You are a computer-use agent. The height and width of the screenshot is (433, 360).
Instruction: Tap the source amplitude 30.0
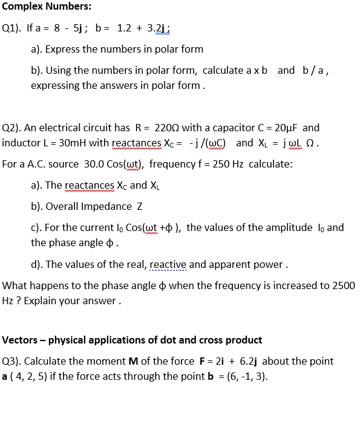[87, 164]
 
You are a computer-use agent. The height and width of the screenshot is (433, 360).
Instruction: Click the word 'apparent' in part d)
[244, 264]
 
